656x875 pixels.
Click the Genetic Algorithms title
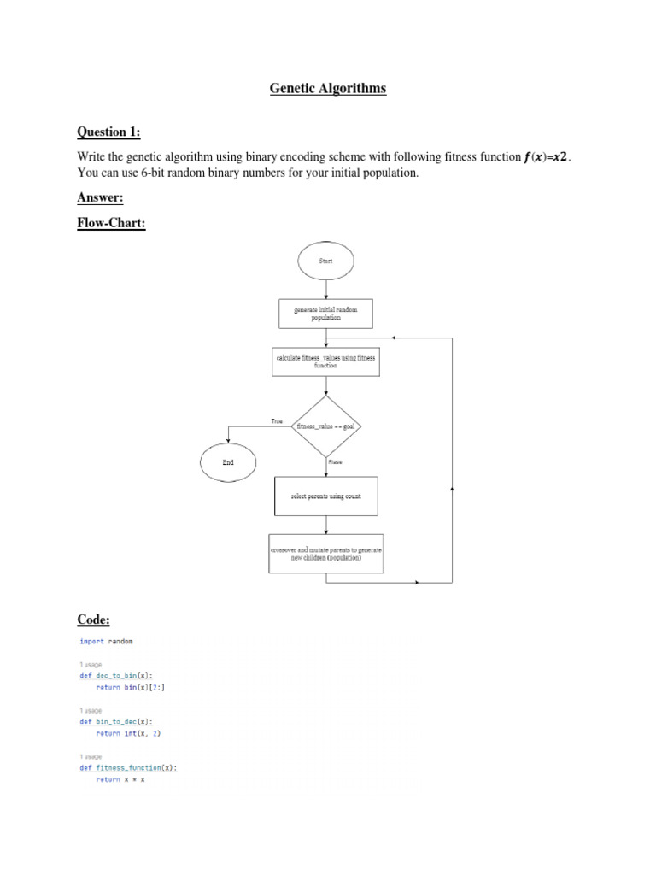(328, 88)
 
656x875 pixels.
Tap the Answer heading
(101, 197)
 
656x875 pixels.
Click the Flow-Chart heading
(112, 224)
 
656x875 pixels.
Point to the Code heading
(94, 620)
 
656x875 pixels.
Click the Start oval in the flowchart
(326, 261)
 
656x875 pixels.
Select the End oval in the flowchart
(228, 462)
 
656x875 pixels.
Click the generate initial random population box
(326, 313)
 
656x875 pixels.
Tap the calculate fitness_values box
(326, 361)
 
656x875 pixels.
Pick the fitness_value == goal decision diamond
(326, 426)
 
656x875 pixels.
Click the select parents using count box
(326, 496)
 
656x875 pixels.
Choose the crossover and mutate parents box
(326, 554)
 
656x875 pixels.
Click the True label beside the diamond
(277, 421)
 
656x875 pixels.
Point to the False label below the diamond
(335, 461)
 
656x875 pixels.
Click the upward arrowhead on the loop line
(452, 488)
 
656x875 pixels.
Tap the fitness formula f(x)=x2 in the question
(546, 157)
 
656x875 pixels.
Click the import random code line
(107, 641)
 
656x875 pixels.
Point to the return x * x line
(121, 779)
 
